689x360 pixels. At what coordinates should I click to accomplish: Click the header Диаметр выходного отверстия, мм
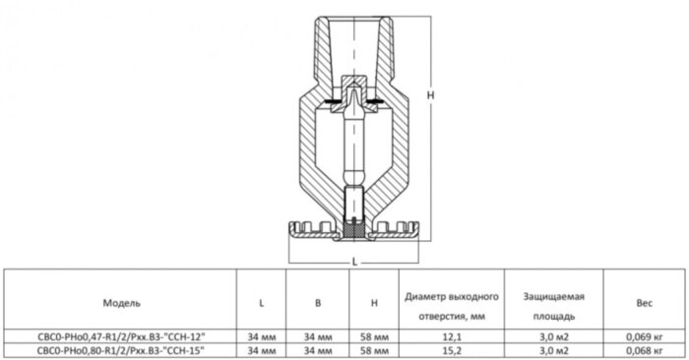coord(448,302)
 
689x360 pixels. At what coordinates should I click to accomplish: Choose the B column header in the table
coord(318,302)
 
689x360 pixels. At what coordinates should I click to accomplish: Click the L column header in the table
coord(261,302)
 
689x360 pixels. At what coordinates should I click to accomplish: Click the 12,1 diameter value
coord(448,336)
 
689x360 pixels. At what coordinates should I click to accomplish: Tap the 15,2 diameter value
coord(448,349)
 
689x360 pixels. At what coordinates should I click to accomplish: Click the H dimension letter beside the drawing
coord(431,95)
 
